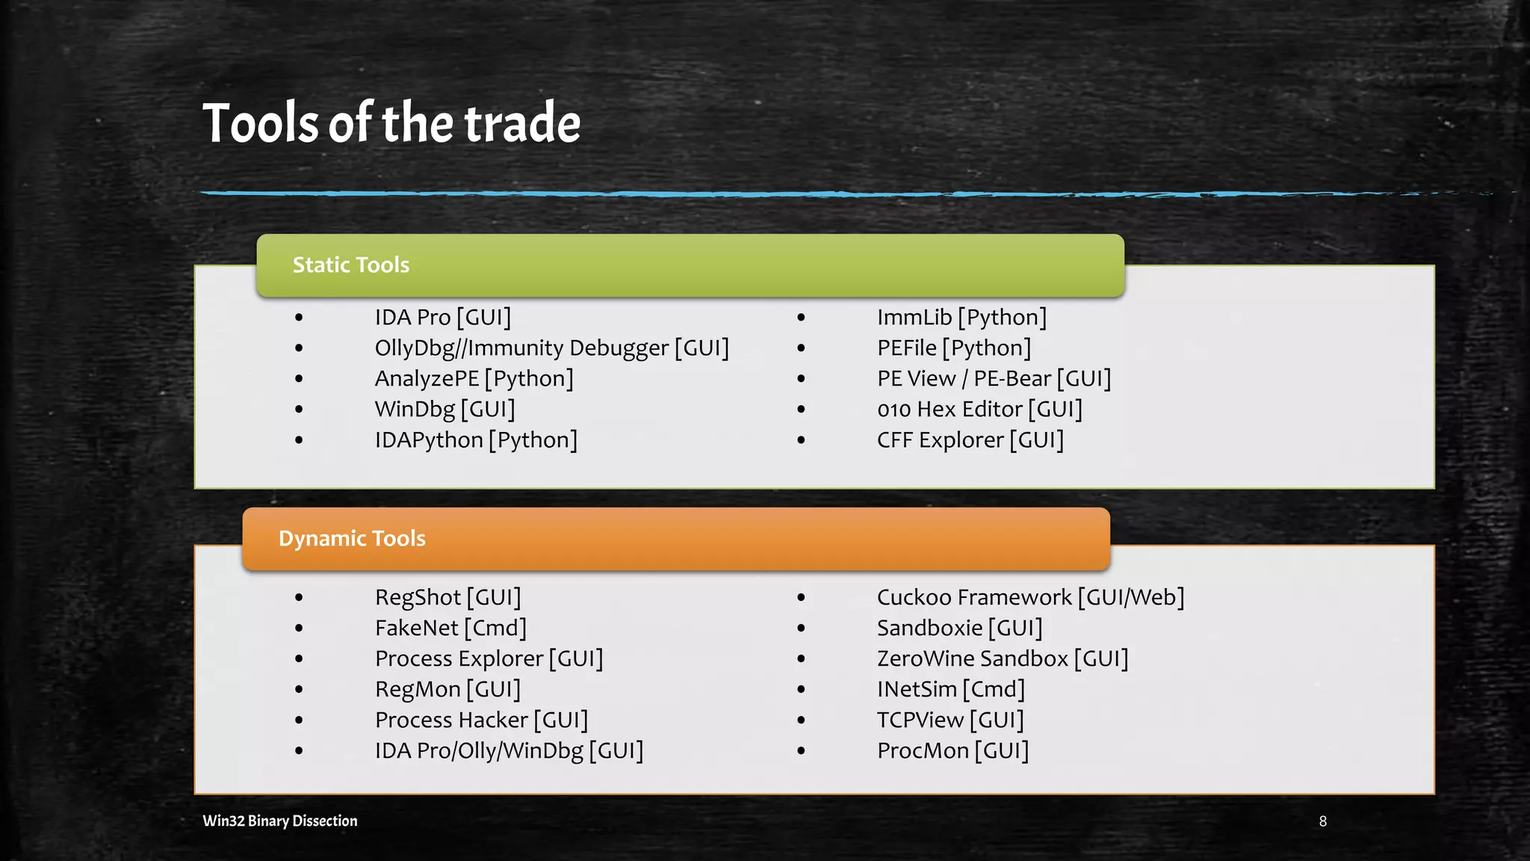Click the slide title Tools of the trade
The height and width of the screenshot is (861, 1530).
coord(391,123)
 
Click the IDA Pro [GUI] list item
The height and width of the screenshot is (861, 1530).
coord(443,318)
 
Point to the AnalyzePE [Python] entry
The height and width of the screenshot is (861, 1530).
coord(474,379)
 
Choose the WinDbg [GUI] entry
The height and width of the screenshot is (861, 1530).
coord(445,410)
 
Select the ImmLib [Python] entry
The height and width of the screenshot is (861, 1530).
coord(962,318)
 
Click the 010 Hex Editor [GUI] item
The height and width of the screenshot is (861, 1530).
coord(979,410)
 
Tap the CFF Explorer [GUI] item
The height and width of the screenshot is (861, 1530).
coord(970,440)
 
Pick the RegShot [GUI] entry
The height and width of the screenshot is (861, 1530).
coord(448,598)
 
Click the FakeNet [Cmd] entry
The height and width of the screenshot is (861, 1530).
coord(451,629)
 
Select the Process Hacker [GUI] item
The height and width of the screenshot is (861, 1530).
coord(482,720)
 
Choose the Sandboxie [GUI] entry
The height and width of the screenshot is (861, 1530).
coord(960,629)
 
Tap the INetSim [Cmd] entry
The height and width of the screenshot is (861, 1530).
coord(951,690)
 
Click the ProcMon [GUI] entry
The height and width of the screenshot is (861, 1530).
coord(953,751)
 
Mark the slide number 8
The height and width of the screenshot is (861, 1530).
coord(1323,821)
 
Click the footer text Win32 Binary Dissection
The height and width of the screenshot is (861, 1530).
coord(280,821)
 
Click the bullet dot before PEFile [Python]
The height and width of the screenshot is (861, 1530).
coord(801,348)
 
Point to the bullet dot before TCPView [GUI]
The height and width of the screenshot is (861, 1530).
coord(801,720)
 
